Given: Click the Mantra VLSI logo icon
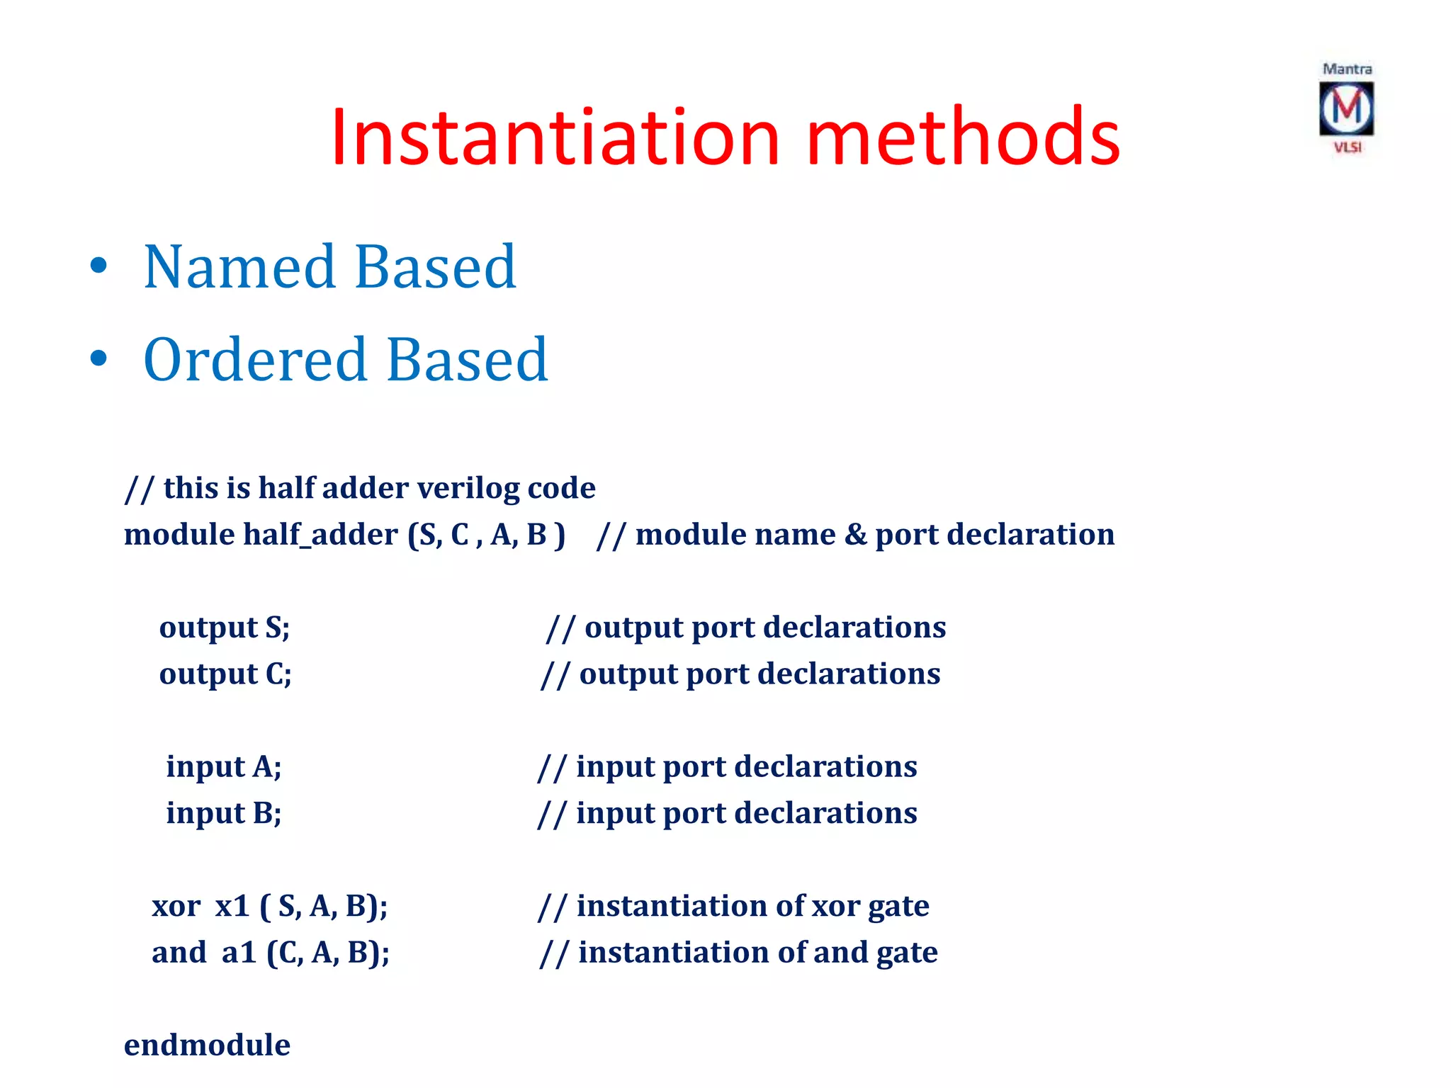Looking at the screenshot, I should pyautogui.click(x=1346, y=108).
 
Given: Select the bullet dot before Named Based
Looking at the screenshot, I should pyautogui.click(x=98, y=267).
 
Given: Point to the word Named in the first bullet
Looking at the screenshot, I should pyautogui.click(x=239, y=267).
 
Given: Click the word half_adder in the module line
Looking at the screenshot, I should pyautogui.click(x=320, y=534).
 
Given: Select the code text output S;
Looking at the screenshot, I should pyautogui.click(x=225, y=628).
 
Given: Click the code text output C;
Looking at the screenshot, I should pyautogui.click(x=225, y=674).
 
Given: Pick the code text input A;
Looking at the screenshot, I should pyautogui.click(x=224, y=767).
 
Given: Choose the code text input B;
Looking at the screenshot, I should pyautogui.click(x=224, y=813).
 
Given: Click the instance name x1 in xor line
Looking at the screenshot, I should pyautogui.click(x=232, y=906).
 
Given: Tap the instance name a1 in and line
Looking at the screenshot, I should pyautogui.click(x=239, y=953).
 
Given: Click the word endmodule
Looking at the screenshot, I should pyautogui.click(x=207, y=1045).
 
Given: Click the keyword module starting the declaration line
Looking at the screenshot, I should pyautogui.click(x=180, y=534).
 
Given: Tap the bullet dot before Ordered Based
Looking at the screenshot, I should pyautogui.click(x=98, y=360).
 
